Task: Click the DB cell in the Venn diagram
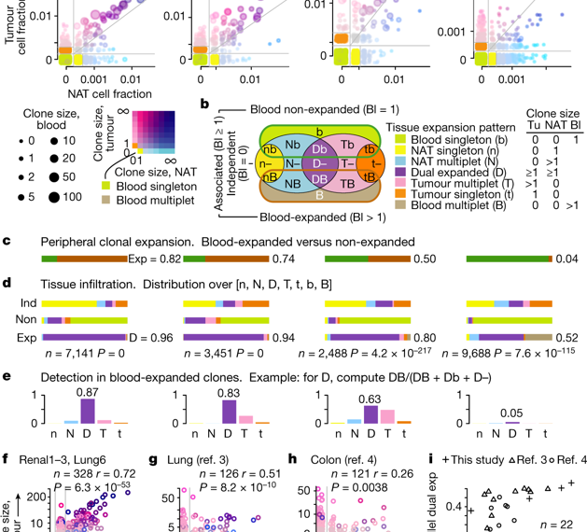293,178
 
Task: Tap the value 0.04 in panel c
562,258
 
